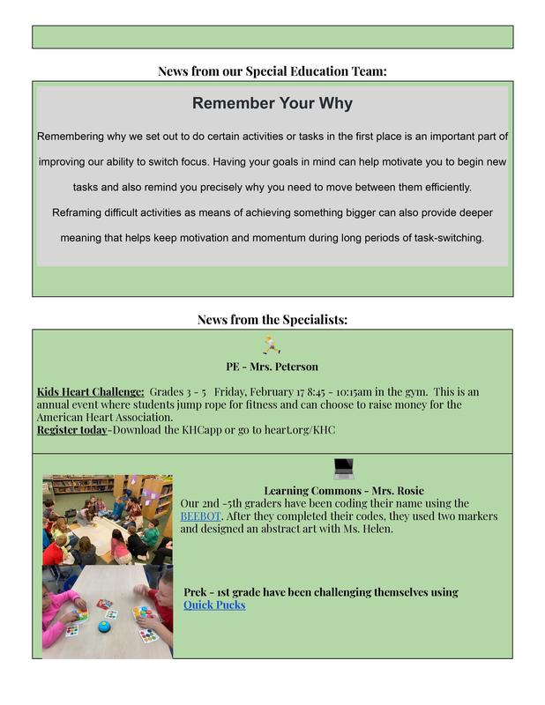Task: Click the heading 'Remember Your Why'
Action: [x=272, y=104]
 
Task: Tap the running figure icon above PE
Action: [x=272, y=345]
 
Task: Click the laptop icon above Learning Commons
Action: [x=343, y=468]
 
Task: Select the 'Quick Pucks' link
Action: [x=214, y=605]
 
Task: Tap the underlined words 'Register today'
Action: [x=71, y=430]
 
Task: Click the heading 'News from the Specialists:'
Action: [x=272, y=320]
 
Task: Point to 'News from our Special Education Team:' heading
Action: [x=272, y=70]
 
